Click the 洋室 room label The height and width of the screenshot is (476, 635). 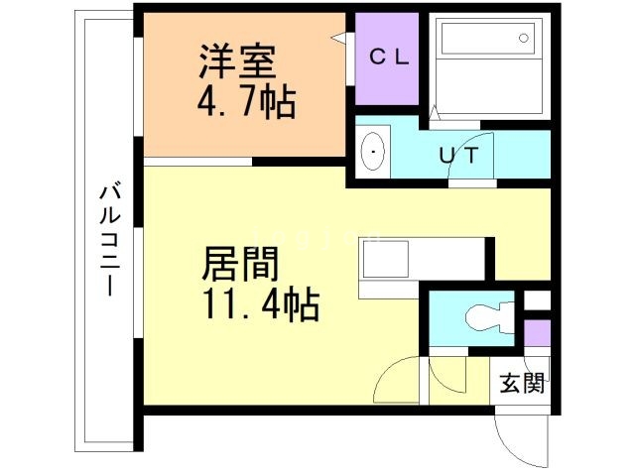coord(235,62)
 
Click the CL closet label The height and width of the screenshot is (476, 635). coord(389,57)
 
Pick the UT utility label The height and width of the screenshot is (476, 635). coord(460,155)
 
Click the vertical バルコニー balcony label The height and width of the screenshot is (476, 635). coord(109,238)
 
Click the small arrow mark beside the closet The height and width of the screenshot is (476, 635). coord(338,39)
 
